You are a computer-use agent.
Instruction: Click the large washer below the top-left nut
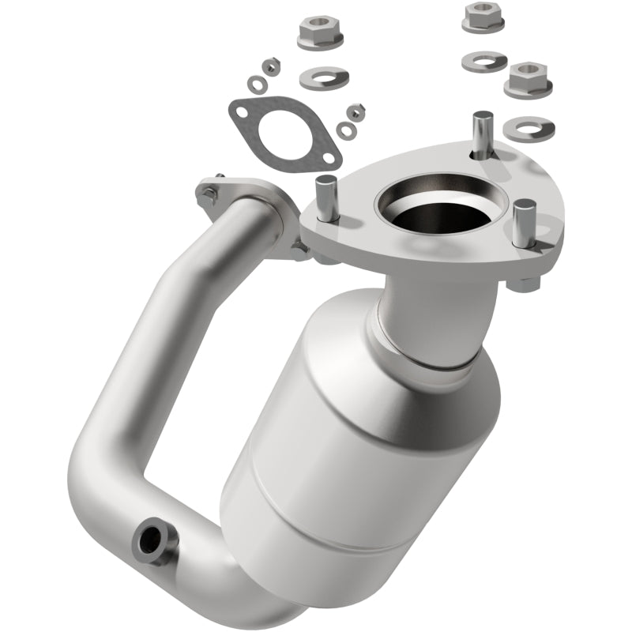coord(325,77)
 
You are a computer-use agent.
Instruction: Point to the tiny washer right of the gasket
coord(345,129)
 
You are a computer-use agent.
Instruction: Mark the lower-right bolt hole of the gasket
coord(323,160)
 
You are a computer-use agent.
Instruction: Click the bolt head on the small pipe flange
coord(210,192)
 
